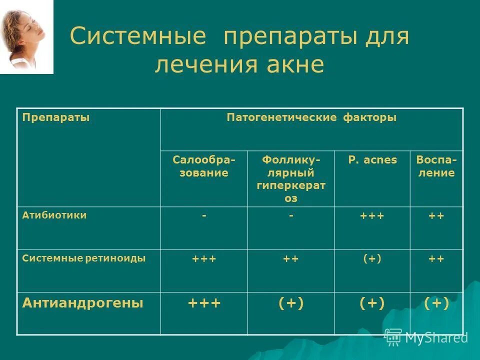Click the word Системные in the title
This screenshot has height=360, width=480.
pyautogui.click(x=138, y=37)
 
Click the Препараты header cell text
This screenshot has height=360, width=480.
pyautogui.click(x=56, y=117)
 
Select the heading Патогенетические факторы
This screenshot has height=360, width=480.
pyautogui.click(x=311, y=117)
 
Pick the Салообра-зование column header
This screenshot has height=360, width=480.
pyautogui.click(x=203, y=166)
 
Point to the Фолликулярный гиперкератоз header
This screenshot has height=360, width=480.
pyautogui.click(x=291, y=178)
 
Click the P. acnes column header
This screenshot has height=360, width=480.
pyautogui.click(x=372, y=160)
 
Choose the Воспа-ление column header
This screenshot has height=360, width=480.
pyautogui.click(x=436, y=166)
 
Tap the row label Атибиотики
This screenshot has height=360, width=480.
pyautogui.click(x=54, y=215)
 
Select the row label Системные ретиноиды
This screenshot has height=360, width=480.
pyautogui.click(x=84, y=258)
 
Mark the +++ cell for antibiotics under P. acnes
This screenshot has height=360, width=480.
pyautogui.click(x=372, y=216)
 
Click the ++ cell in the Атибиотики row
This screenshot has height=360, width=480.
pyautogui.click(x=436, y=216)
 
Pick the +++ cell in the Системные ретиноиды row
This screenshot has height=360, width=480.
pyautogui.click(x=203, y=259)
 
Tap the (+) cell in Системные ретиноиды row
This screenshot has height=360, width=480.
pyautogui.click(x=372, y=259)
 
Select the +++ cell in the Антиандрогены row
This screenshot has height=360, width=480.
pyautogui.click(x=203, y=303)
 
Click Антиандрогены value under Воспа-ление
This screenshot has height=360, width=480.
pyautogui.click(x=436, y=303)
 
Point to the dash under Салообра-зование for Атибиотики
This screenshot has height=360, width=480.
pyautogui.click(x=203, y=216)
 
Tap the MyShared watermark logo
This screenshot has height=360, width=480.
pyautogui.click(x=426, y=337)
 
